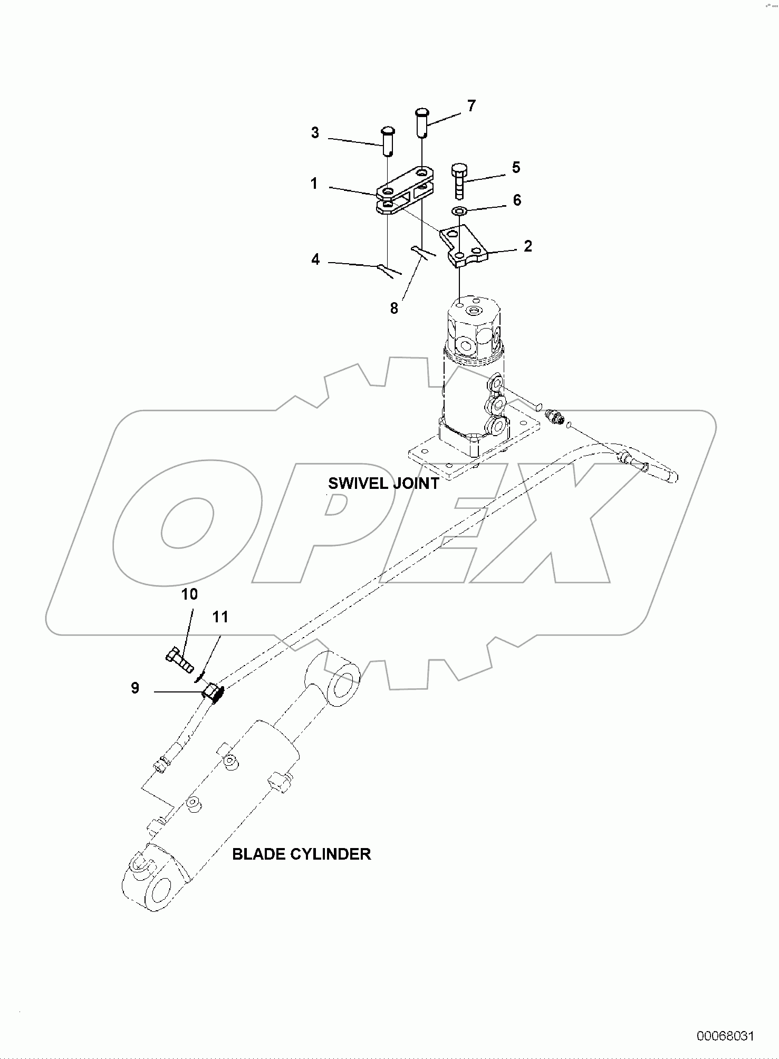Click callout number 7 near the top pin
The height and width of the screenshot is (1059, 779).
click(471, 106)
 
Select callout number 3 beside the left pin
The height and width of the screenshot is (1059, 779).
click(315, 133)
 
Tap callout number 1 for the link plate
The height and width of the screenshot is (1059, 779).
click(314, 184)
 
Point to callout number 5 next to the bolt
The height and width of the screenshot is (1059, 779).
click(516, 167)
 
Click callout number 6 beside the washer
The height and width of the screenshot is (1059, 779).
click(517, 200)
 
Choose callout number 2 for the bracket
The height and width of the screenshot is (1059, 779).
click(528, 246)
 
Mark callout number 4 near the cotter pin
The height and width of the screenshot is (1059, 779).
click(315, 259)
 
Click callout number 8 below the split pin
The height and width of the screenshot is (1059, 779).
click(394, 309)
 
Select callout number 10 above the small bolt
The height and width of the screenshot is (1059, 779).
click(189, 594)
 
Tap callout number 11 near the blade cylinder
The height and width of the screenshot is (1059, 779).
click(220, 617)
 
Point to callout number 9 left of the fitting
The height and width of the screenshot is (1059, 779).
click(135, 688)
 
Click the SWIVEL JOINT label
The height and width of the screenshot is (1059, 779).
click(383, 483)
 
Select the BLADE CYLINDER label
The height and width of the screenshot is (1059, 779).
click(302, 854)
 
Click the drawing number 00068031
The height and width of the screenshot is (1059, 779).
click(726, 1036)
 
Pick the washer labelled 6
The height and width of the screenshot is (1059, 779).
click(460, 211)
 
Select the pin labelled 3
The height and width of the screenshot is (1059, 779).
click(388, 141)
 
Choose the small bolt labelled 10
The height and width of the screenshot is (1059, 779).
click(179, 661)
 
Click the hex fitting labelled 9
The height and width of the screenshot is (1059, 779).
click(214, 692)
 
